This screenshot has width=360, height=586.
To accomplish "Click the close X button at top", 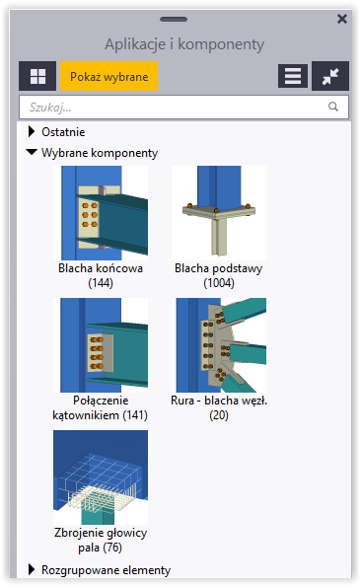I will [x=341, y=19].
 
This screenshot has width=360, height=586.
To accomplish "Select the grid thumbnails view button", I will [x=37, y=76].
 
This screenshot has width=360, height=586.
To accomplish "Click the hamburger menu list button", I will [x=291, y=76].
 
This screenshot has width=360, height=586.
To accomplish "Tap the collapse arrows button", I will [x=329, y=76].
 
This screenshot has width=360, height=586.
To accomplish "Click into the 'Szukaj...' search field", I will [x=173, y=107].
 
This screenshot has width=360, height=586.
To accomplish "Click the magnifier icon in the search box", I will [x=333, y=107].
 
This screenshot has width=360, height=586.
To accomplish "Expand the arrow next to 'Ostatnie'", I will [x=32, y=132].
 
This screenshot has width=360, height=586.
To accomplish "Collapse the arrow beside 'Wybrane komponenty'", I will [x=32, y=153].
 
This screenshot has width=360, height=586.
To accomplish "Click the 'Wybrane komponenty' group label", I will [x=100, y=153].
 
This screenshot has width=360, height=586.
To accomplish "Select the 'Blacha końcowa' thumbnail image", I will [x=101, y=211].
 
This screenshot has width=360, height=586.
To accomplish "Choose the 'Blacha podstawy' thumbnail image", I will [x=219, y=211].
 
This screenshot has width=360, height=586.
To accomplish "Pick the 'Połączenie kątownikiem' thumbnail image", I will [x=101, y=344].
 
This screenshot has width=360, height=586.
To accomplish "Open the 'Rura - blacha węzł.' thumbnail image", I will [x=219, y=344].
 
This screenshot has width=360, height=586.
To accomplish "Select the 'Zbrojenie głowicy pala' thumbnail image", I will [x=101, y=476].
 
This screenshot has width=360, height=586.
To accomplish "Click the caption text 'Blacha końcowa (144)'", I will [x=101, y=274].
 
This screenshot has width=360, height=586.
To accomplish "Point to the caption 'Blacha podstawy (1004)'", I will [x=219, y=274].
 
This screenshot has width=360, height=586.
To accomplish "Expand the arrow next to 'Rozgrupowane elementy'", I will [x=32, y=569].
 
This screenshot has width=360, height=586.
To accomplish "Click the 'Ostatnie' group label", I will [x=63, y=132].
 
